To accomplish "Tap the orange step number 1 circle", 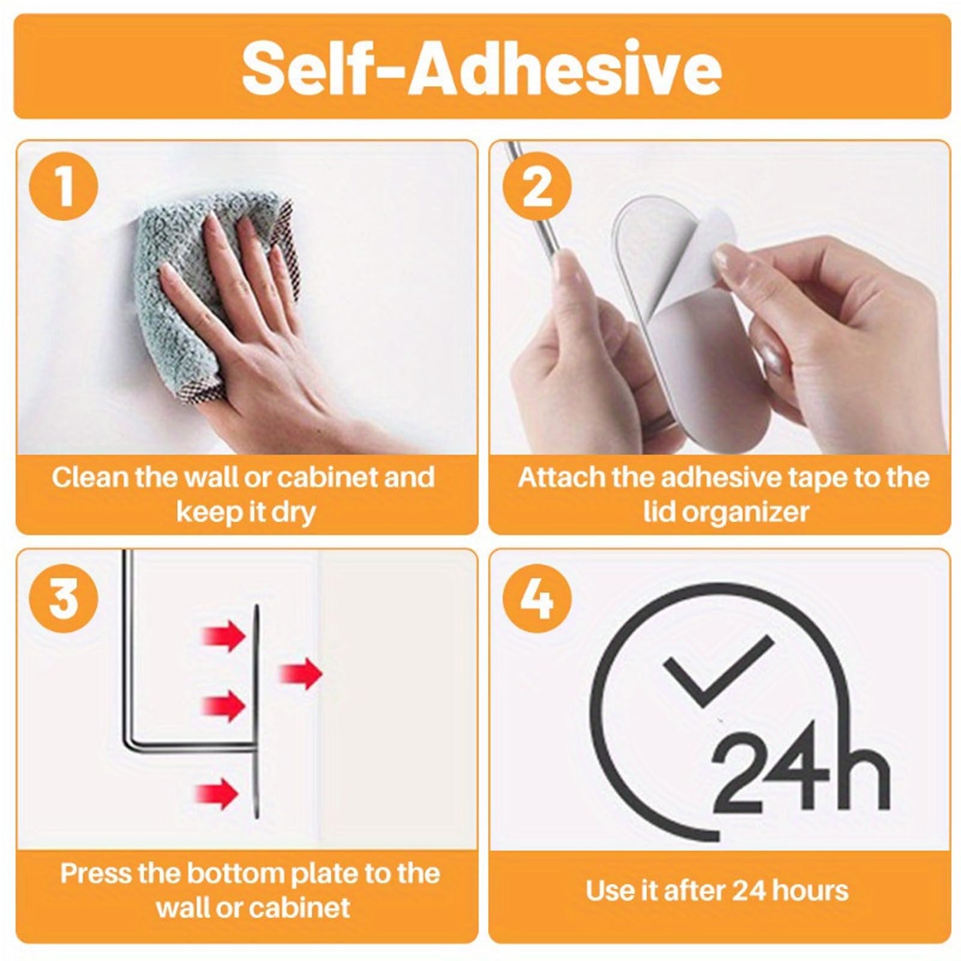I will [x=65, y=186].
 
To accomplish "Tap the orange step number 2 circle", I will [x=537, y=186].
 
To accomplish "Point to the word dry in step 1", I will [x=293, y=512].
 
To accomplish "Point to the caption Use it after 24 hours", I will [x=717, y=890].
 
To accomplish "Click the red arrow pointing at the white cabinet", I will [x=300, y=673].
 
